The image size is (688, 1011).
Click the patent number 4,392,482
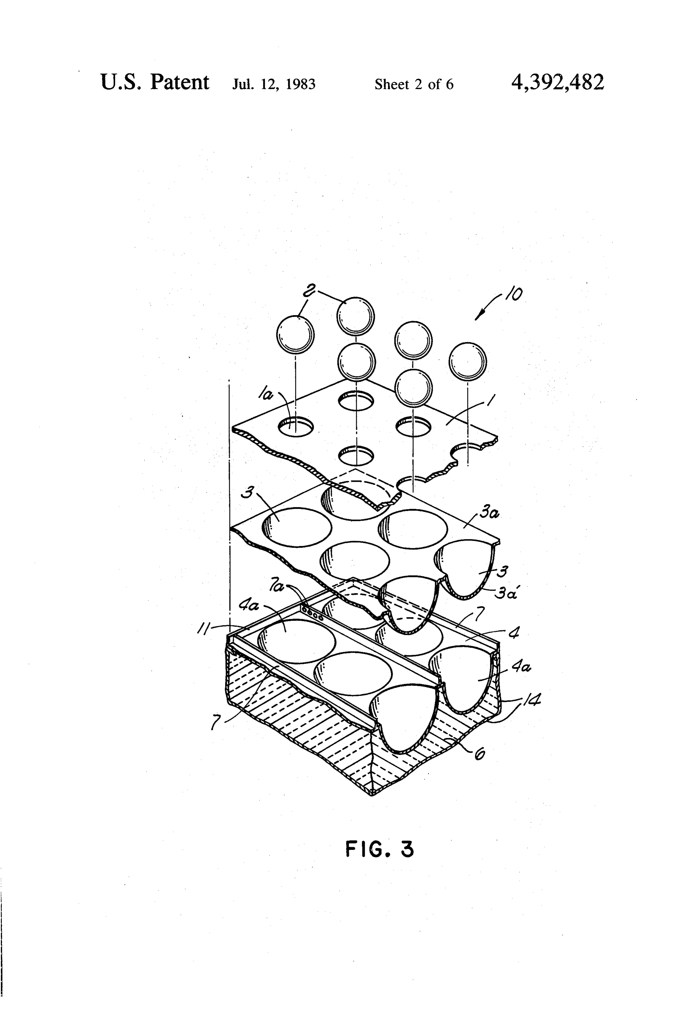tap(558, 82)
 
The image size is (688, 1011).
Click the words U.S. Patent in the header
tap(155, 82)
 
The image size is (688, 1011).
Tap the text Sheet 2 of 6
tap(414, 84)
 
